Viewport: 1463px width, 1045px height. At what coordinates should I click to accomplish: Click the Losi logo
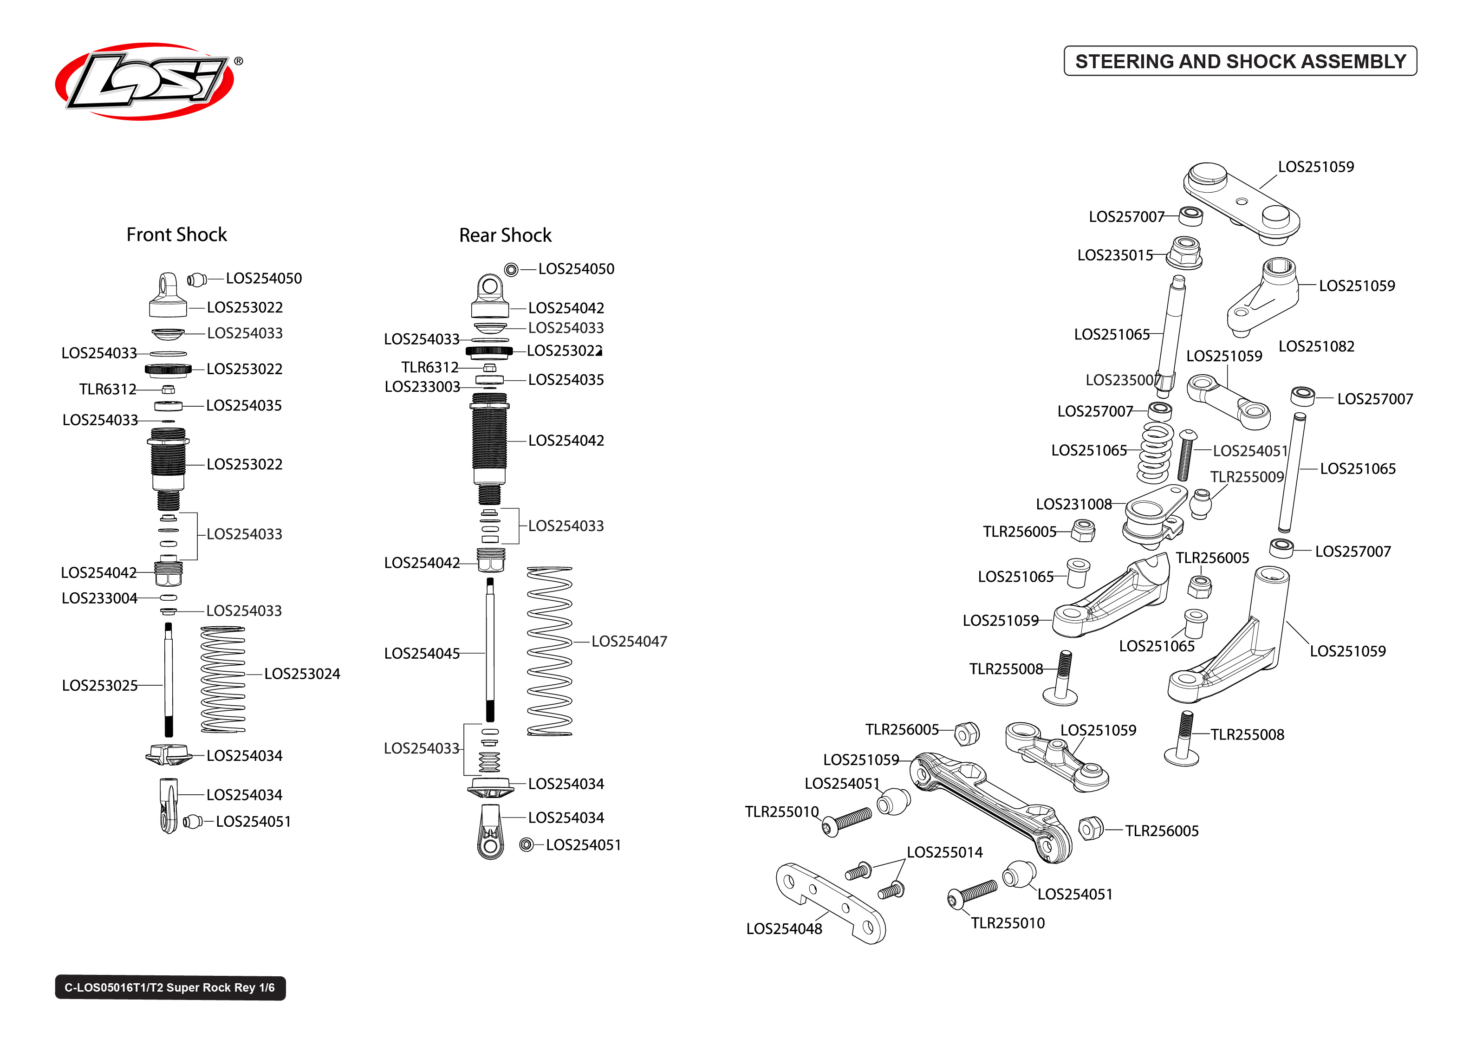pyautogui.click(x=145, y=81)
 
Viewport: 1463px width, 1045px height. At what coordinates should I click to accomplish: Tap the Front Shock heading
pyautogui.click(x=176, y=235)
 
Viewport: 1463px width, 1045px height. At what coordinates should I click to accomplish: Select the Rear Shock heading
pyautogui.click(x=505, y=235)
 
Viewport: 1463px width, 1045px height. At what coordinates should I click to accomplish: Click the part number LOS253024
pyautogui.click(x=302, y=674)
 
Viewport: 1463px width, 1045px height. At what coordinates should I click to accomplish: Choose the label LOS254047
pyautogui.click(x=629, y=642)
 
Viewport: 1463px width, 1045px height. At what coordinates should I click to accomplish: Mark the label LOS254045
pyautogui.click(x=422, y=654)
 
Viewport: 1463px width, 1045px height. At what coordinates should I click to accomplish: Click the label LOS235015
pyautogui.click(x=1115, y=255)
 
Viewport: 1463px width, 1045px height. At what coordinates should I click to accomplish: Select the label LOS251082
pyautogui.click(x=1316, y=347)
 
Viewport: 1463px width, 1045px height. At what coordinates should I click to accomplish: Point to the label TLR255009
pyautogui.click(x=1246, y=477)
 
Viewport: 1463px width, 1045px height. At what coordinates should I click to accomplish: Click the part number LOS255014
pyautogui.click(x=944, y=853)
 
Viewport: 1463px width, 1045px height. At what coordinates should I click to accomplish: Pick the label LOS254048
pyautogui.click(x=784, y=929)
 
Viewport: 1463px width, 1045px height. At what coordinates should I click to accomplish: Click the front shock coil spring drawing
pyautogui.click(x=222, y=680)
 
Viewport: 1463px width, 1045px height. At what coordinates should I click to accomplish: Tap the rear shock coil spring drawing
pyautogui.click(x=549, y=651)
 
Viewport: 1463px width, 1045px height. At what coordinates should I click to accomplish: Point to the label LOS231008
pyautogui.click(x=1073, y=505)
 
